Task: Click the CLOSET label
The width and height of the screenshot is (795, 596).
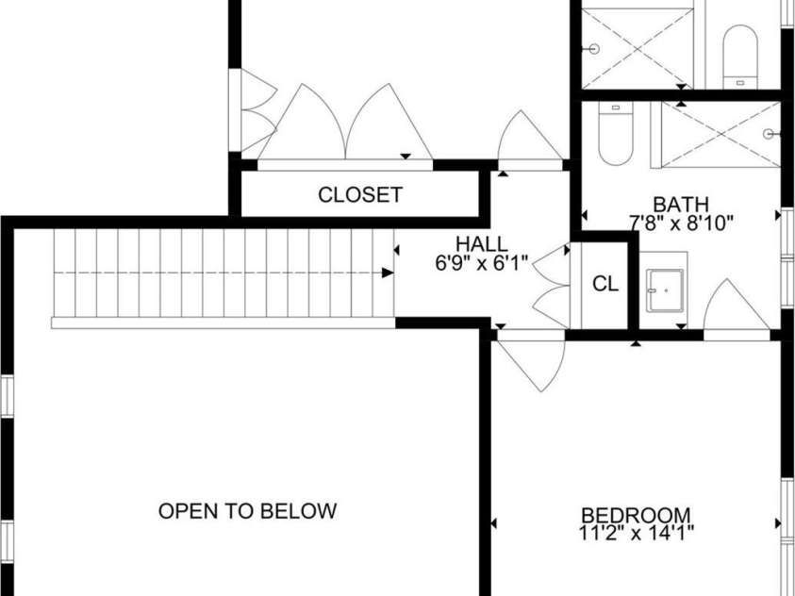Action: coord(360,195)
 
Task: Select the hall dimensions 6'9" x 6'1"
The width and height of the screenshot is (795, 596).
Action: coord(482,265)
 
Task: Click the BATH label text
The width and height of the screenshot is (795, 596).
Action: coord(681,204)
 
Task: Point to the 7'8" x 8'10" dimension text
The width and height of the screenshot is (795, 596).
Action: coord(681,223)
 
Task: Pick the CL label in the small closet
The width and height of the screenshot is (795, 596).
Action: coord(605,284)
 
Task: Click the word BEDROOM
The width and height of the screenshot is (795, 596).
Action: coord(636,515)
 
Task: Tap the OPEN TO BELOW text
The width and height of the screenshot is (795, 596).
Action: coord(247,511)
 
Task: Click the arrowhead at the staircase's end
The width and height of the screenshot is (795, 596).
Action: coord(388,273)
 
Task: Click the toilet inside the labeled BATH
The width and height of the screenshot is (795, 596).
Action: coord(615,138)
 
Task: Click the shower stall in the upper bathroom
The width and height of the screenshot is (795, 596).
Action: coord(641,47)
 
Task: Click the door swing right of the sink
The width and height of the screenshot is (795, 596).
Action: coord(734,306)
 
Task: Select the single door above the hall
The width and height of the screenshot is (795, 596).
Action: coord(530,139)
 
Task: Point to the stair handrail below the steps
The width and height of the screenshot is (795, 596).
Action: coord(223,323)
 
